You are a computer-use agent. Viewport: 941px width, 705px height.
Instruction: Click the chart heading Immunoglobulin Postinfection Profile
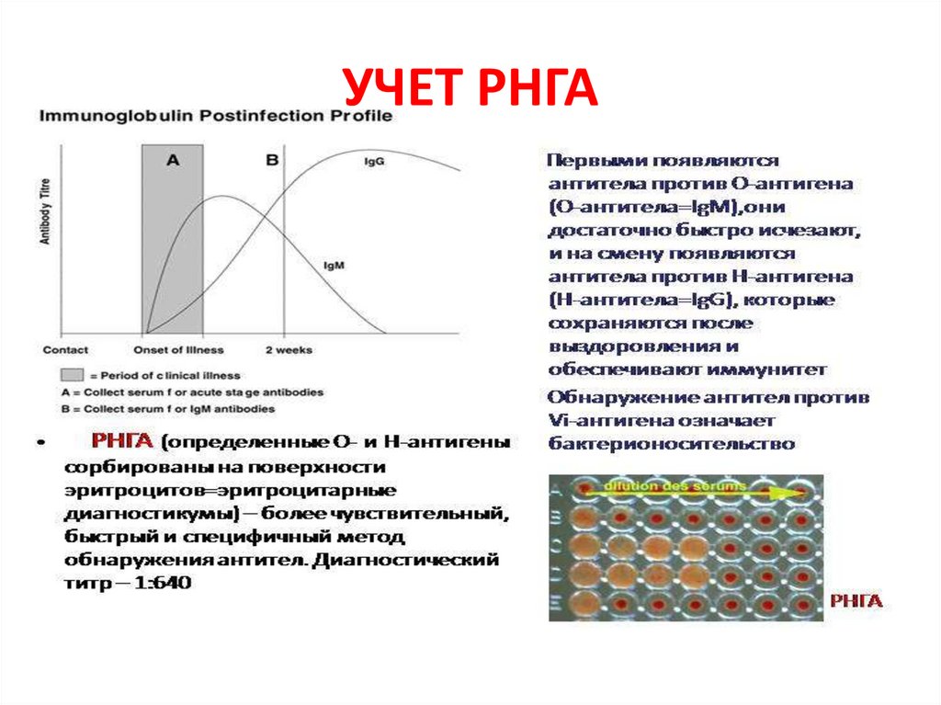[215, 116]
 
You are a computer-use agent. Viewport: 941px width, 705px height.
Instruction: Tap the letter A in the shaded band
[173, 160]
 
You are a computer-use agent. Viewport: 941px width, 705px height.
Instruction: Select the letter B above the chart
[271, 160]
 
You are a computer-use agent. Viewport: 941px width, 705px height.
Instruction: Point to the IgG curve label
[374, 162]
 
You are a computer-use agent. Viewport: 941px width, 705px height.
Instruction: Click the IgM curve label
[334, 266]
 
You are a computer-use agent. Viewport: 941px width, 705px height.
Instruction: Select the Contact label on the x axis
[66, 350]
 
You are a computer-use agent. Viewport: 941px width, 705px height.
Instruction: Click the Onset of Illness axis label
[178, 350]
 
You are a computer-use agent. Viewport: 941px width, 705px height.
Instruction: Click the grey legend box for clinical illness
[71, 375]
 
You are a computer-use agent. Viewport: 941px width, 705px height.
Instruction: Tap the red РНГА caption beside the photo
[856, 601]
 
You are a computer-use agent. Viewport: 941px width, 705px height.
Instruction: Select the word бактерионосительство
[671, 443]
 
